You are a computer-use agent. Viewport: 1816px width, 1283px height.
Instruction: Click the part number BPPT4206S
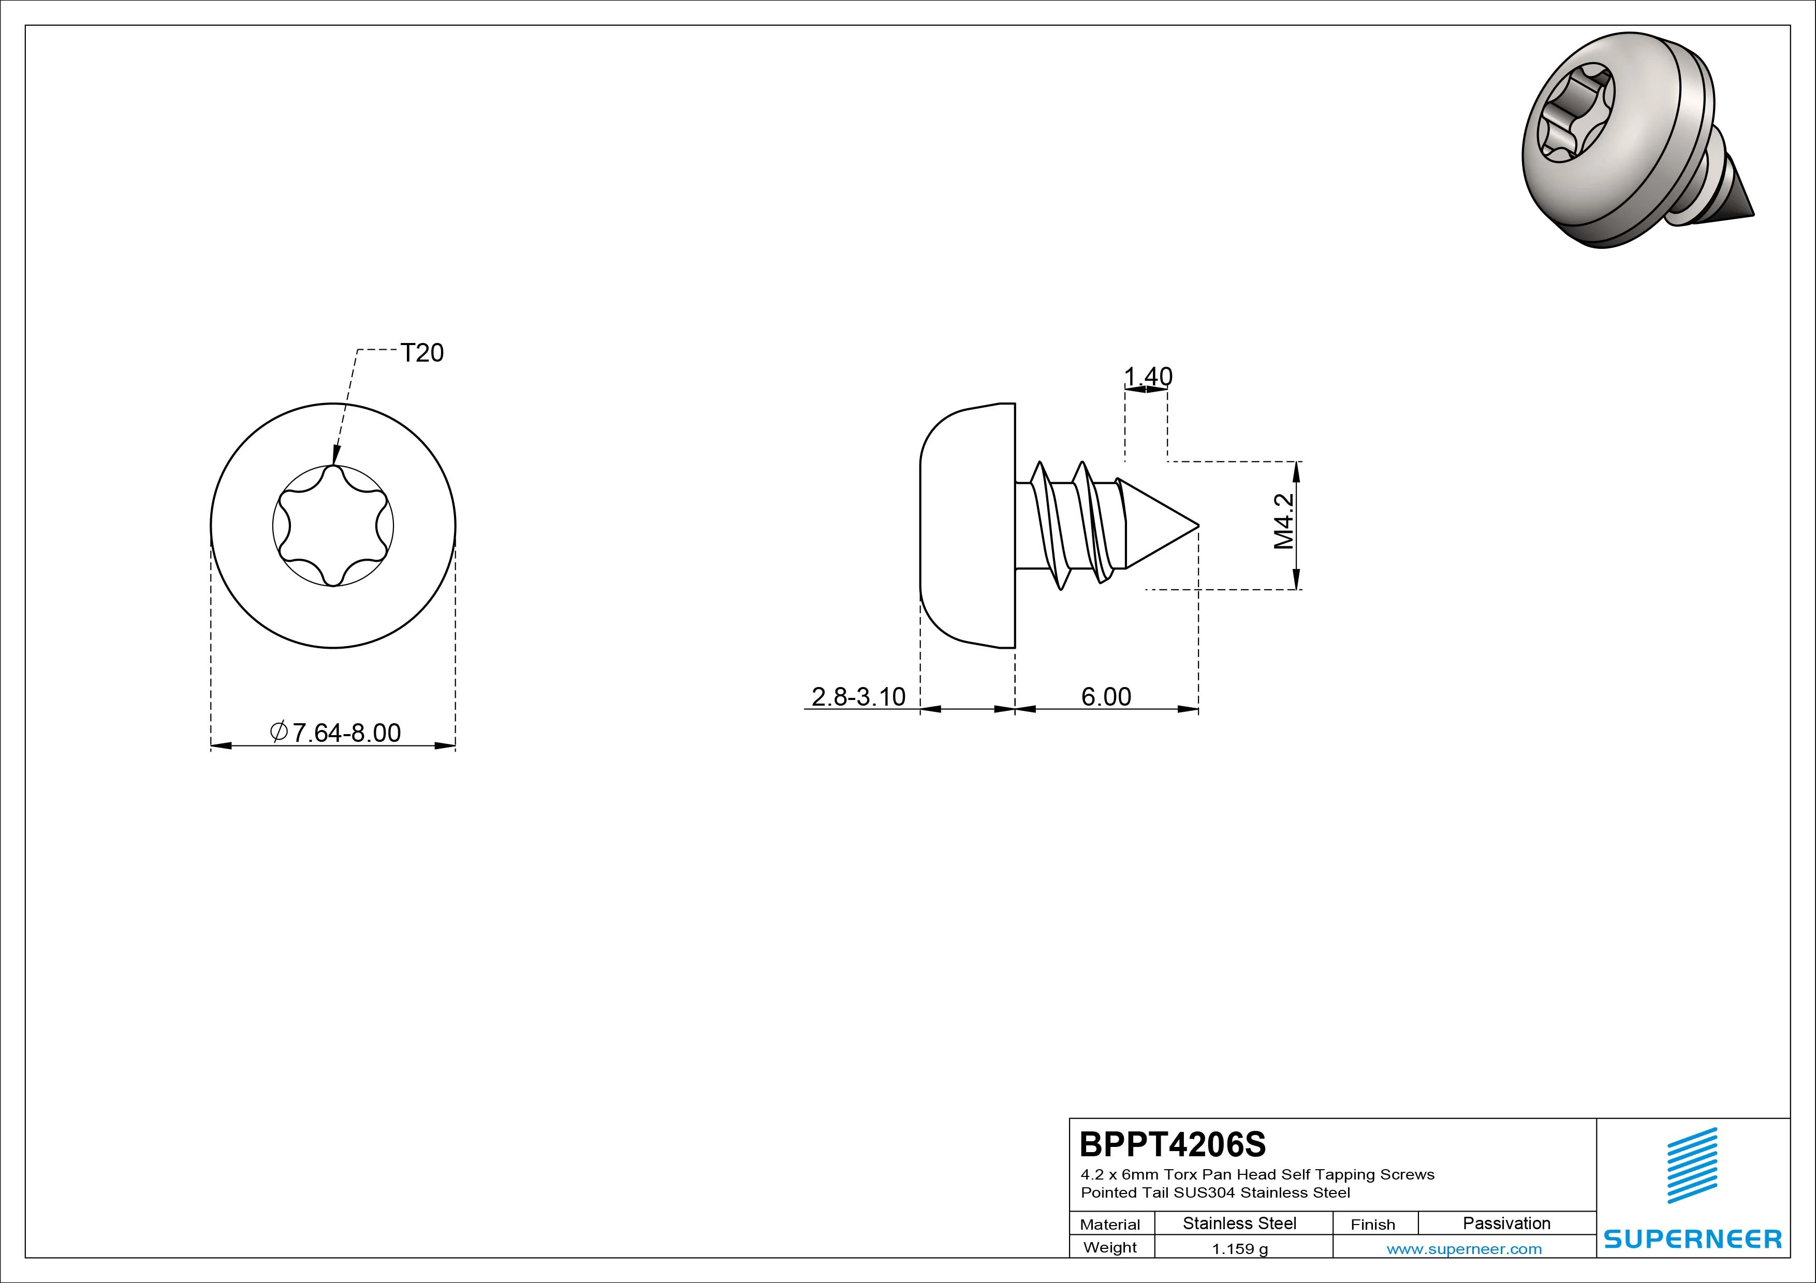1172,1144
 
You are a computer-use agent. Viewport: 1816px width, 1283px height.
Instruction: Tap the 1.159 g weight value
1239,1249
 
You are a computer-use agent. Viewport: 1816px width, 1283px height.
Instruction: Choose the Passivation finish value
1506,1224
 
